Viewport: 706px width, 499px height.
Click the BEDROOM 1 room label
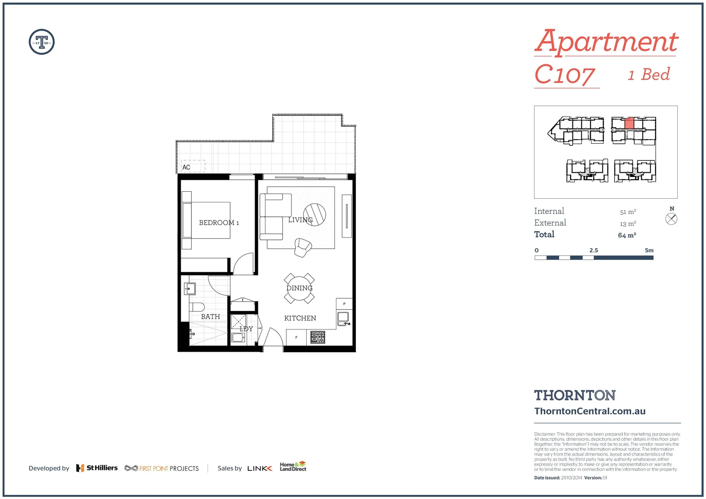coord(219,223)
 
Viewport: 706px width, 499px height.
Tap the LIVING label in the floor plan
coord(300,220)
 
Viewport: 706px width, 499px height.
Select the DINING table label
coord(299,288)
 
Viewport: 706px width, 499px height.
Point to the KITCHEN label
coord(300,318)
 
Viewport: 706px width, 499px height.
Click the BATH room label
coord(210,317)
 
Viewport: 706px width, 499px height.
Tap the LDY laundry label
coord(246,329)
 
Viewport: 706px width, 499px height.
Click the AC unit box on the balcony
coord(193,167)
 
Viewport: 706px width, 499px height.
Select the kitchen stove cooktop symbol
coord(317,337)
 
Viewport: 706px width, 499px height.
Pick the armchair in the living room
coord(303,248)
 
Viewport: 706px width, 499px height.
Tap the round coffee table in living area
coord(315,214)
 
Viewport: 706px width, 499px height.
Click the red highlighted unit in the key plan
coord(629,123)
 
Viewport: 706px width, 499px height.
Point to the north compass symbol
coord(671,219)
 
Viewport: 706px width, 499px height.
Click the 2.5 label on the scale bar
coord(594,250)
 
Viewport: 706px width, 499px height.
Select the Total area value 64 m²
coord(627,235)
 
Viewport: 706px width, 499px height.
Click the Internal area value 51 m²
coord(628,212)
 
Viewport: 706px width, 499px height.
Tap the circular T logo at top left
coord(42,42)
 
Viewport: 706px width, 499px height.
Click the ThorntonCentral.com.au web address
coord(590,411)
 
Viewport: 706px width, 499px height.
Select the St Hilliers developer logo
coord(97,468)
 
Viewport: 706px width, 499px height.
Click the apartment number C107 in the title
coord(565,75)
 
